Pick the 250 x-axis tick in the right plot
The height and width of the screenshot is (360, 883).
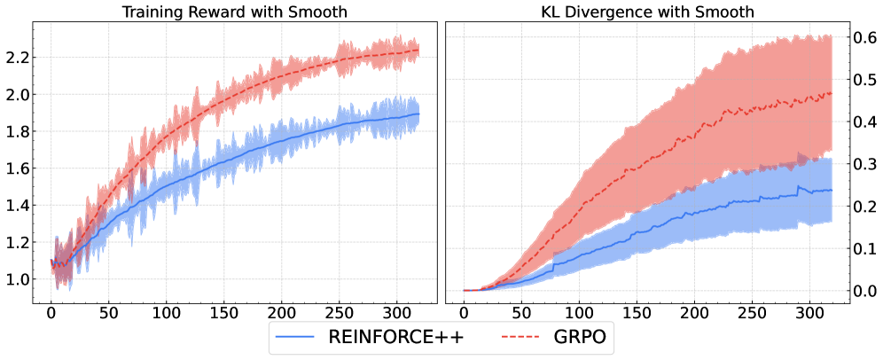pos(754,314)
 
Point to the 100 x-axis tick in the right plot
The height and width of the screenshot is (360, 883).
pos(579,314)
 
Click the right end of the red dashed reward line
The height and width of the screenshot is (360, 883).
pos(418,51)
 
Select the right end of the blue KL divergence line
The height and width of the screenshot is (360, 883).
pos(832,190)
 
